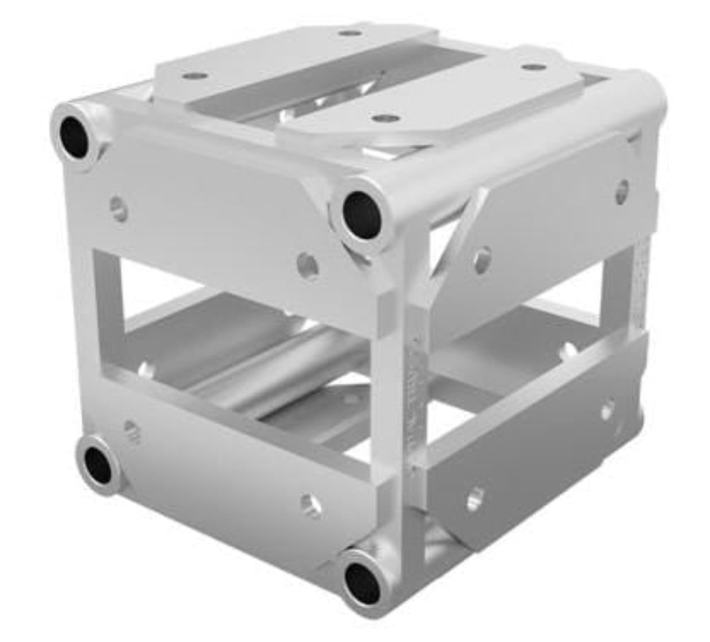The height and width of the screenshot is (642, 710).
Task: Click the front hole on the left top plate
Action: coord(189,77)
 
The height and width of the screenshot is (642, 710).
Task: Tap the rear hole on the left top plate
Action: coord(348,33)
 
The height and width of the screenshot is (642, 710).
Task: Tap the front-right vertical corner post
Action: coord(396,393)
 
